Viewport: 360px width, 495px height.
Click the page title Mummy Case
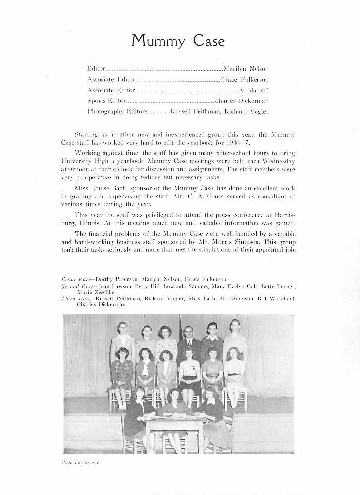click(178, 41)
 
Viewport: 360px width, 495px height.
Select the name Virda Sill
click(254, 90)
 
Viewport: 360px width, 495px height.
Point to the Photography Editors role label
click(116, 112)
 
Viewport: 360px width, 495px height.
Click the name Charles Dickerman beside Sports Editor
click(245, 101)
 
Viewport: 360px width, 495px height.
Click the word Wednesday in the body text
click(277, 161)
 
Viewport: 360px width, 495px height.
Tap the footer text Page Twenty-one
click(81, 462)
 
